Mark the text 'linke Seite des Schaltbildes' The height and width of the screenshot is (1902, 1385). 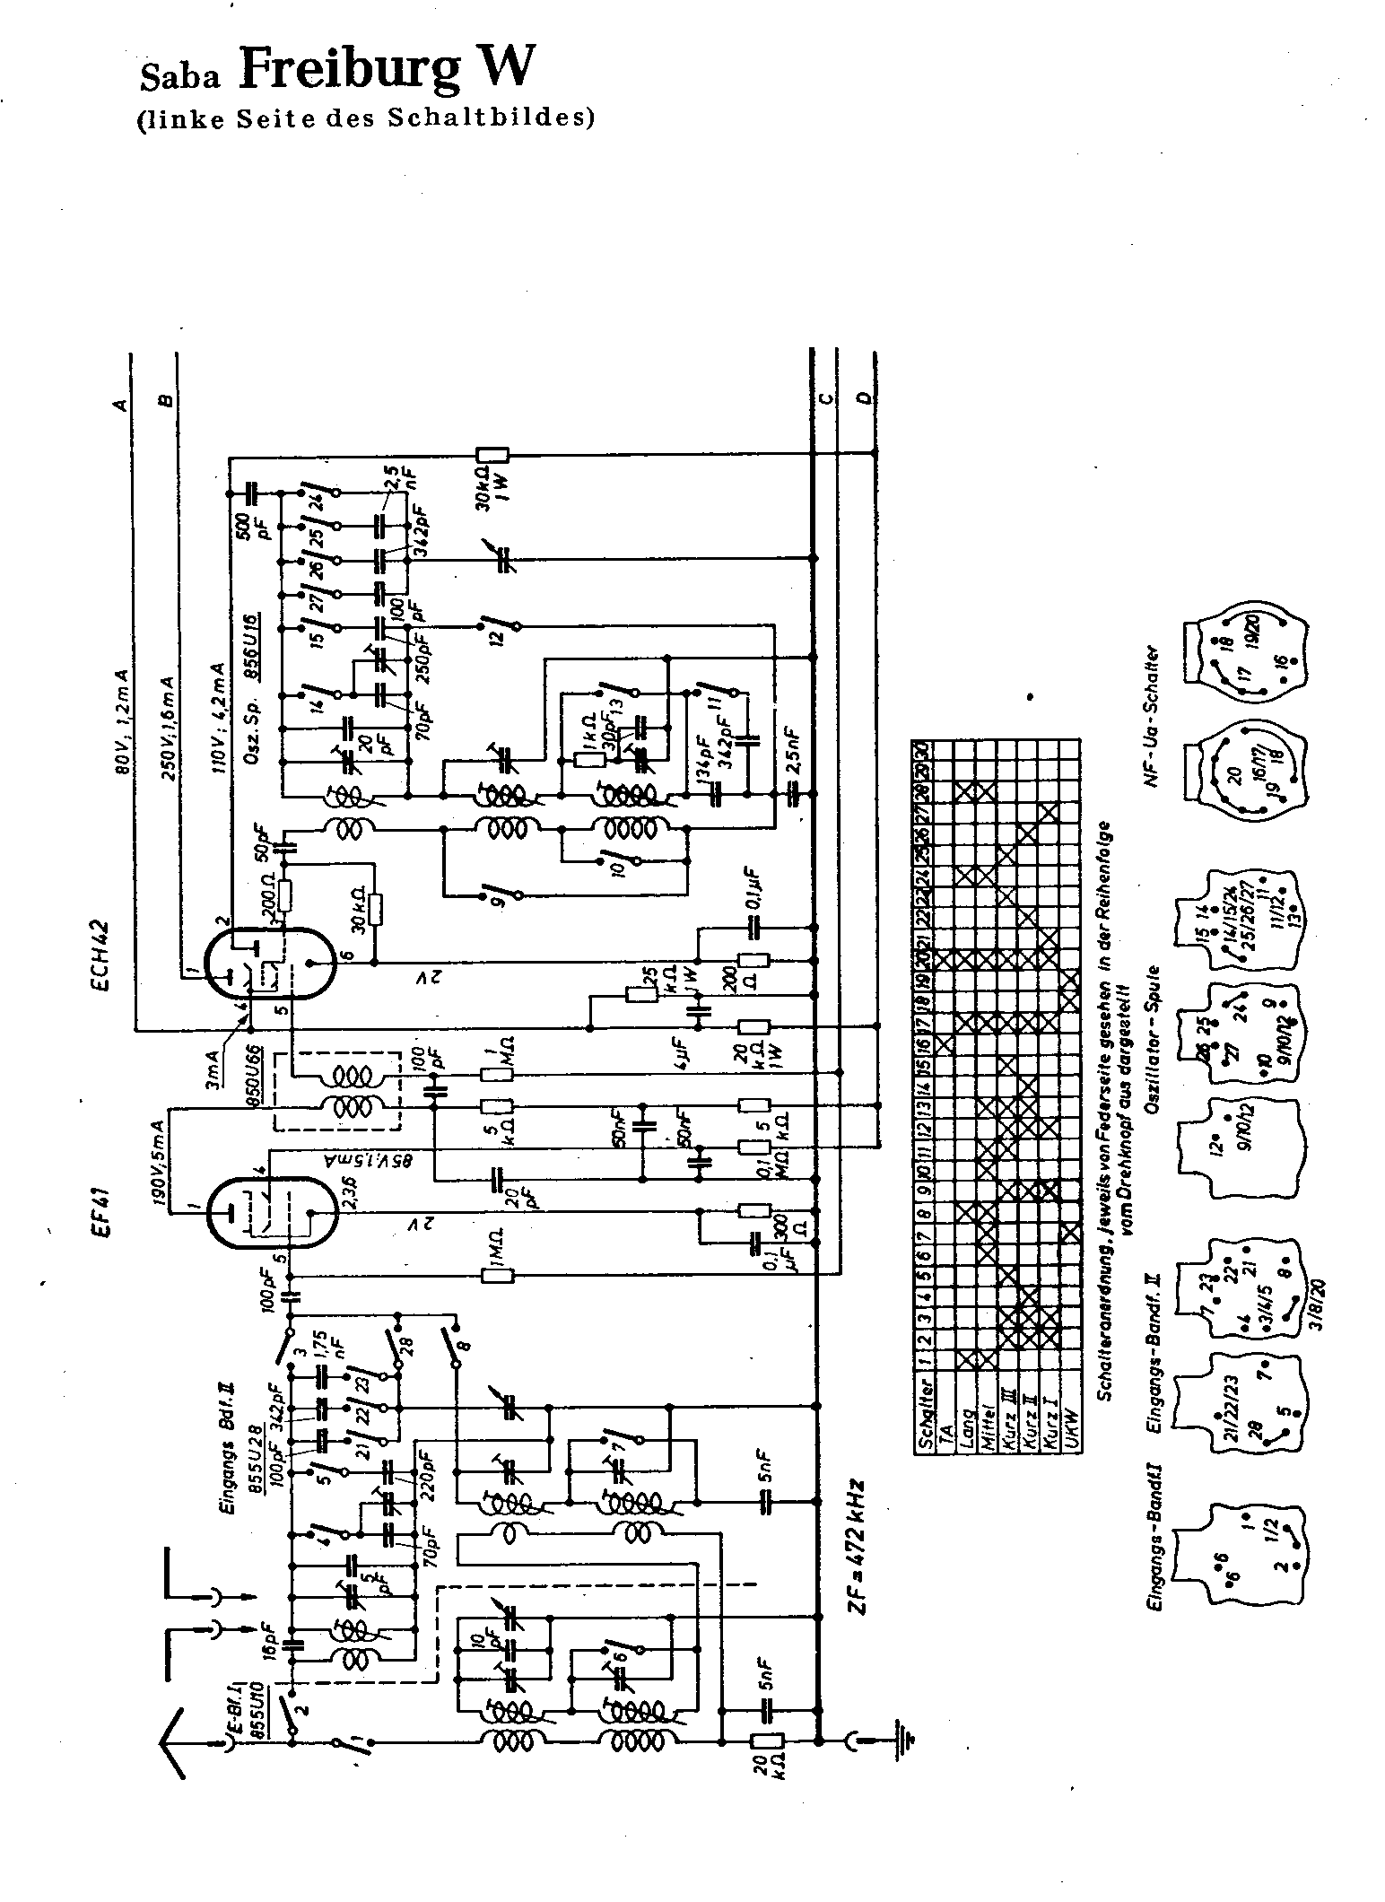pyautogui.click(x=365, y=119)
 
